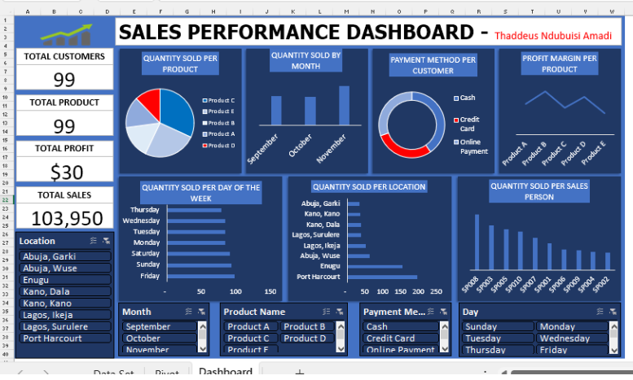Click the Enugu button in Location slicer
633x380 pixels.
[x=64, y=280]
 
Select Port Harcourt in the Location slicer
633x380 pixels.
[x=64, y=339]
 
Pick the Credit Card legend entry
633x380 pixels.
[x=467, y=124]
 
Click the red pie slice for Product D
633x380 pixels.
[x=149, y=103]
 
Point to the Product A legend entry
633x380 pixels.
[x=220, y=133]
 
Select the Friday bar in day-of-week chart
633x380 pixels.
[x=200, y=276]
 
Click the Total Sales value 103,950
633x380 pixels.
[x=64, y=218]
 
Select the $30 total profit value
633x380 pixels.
[x=64, y=172]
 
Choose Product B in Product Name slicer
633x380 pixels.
[x=304, y=327]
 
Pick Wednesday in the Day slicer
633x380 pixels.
[x=569, y=339]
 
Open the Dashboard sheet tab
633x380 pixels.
[x=225, y=372]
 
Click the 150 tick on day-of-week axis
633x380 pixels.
[x=270, y=291]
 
